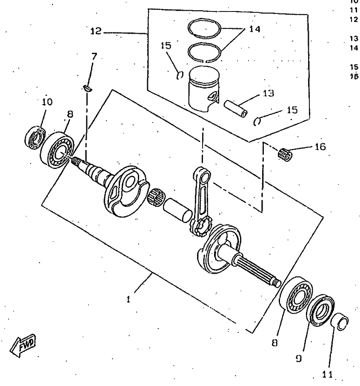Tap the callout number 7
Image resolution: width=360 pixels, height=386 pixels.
(x=94, y=56)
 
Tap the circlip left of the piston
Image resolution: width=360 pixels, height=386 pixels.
(x=180, y=75)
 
